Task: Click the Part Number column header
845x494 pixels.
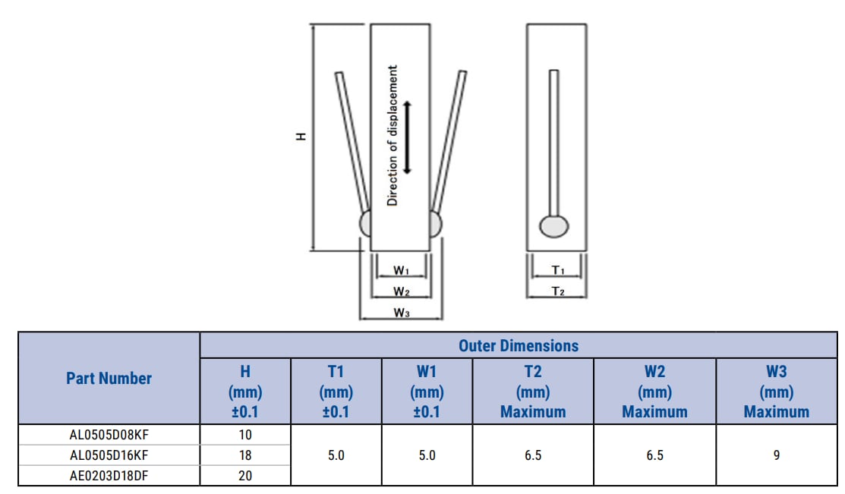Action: click(109, 378)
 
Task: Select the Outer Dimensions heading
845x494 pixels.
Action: click(518, 346)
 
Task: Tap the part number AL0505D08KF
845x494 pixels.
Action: click(109, 435)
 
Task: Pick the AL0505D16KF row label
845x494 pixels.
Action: click(109, 455)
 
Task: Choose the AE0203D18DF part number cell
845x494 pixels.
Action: click(109, 476)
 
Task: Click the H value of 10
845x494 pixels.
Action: click(245, 435)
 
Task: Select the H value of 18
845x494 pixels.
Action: click(245, 455)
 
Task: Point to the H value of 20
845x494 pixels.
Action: click(245, 476)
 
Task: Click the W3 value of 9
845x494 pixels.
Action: click(776, 455)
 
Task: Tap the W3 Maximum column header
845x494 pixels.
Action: click(776, 392)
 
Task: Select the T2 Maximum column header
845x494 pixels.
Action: click(533, 392)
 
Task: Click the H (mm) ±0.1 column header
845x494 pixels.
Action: click(245, 392)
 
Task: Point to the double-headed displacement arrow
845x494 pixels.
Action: click(408, 137)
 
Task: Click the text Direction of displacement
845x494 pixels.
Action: click(393, 136)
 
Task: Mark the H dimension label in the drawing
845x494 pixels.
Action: click(301, 137)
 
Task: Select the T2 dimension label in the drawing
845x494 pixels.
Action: click(557, 291)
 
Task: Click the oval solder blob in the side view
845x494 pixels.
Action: click(554, 226)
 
